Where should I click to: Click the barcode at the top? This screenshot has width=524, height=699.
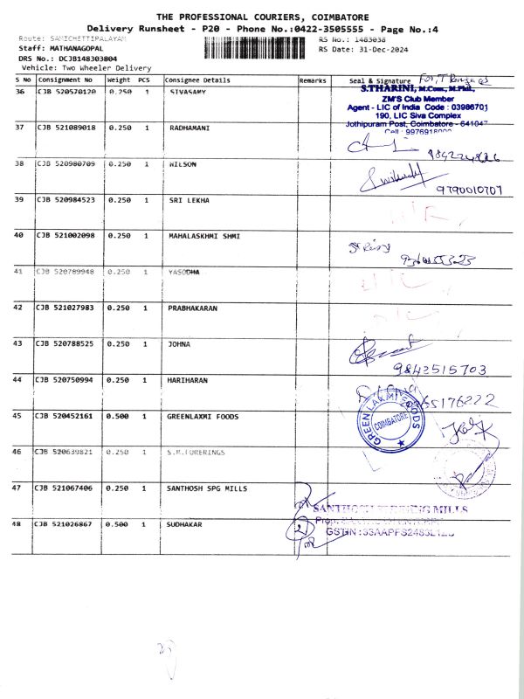tap(258, 48)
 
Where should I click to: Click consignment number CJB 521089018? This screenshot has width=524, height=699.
tap(66, 128)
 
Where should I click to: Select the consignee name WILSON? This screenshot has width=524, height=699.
tap(183, 164)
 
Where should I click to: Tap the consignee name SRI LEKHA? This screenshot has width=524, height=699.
tap(189, 200)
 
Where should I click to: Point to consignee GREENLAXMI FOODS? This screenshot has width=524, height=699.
tap(201, 417)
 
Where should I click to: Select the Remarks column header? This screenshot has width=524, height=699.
tap(313, 80)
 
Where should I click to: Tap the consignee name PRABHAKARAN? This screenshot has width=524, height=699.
tap(193, 308)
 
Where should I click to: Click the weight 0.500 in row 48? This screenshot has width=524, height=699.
tap(119, 524)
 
